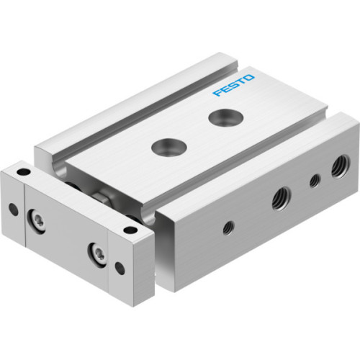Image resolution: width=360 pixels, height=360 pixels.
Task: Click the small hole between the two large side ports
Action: tap(315, 181)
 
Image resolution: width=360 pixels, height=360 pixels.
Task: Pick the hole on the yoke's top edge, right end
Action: tap(130, 230)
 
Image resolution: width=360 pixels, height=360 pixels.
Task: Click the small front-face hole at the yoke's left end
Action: tap(12, 210)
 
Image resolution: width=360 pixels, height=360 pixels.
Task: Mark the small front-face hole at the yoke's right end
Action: tap(120, 268)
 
